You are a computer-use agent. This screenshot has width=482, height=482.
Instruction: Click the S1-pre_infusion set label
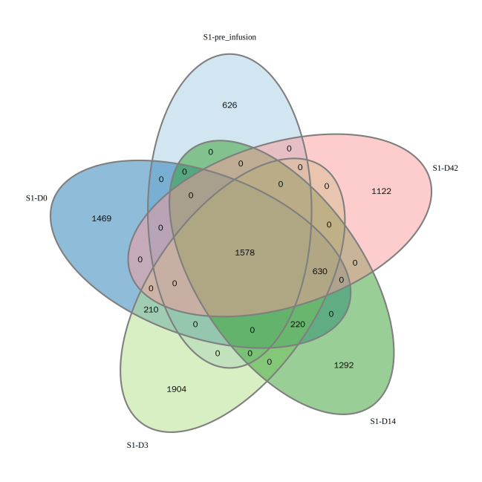(x=229, y=36)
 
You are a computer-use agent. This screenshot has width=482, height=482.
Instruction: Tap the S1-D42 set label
(x=445, y=168)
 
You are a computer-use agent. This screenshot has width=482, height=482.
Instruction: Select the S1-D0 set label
(x=36, y=198)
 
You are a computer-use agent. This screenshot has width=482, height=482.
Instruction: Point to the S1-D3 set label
(x=137, y=445)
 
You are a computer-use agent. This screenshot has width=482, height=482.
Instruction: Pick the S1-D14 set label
(x=382, y=421)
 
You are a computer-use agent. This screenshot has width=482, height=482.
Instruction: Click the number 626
(x=229, y=105)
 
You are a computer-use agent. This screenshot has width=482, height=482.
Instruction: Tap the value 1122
(x=381, y=191)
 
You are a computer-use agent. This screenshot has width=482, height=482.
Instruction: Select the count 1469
(x=101, y=218)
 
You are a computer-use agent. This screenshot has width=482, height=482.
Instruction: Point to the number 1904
(x=176, y=388)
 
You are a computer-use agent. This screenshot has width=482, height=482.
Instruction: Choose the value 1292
(x=344, y=365)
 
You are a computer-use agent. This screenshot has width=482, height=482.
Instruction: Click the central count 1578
(x=244, y=253)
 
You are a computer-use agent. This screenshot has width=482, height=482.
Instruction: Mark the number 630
(x=319, y=271)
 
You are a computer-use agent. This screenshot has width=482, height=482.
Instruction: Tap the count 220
(x=297, y=324)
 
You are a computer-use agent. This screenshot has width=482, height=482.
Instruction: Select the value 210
(x=151, y=309)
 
